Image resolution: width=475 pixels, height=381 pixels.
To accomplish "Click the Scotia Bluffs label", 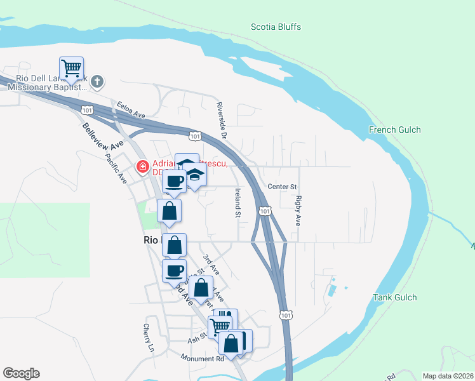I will point(276,27).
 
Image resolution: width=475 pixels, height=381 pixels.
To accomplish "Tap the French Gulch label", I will point(395,130).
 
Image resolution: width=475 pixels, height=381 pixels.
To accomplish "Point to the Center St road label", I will point(283,187).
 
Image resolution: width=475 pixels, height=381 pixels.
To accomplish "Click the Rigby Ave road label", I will point(297,211).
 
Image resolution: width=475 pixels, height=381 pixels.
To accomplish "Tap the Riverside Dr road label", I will point(222,119).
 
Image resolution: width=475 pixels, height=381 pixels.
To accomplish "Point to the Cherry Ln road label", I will point(149,338).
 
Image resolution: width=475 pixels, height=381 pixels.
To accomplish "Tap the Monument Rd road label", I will point(203,359).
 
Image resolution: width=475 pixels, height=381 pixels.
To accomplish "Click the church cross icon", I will point(97,82).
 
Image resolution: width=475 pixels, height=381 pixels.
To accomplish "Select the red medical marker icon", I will point(143,167).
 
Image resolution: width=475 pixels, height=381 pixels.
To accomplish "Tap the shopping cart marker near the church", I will point(72,69).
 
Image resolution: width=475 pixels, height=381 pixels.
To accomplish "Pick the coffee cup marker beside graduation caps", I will point(174,182).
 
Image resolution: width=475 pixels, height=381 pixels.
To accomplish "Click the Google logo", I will point(21,373).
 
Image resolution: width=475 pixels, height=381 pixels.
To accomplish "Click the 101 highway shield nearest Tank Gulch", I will point(286,315).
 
